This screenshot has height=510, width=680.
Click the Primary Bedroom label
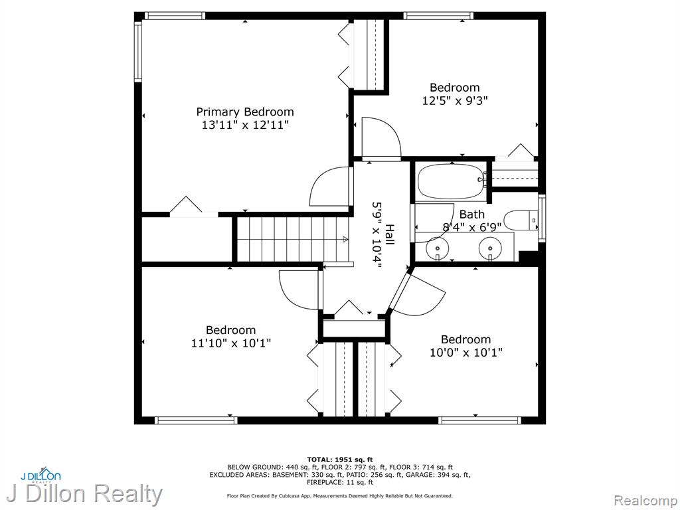(245, 112)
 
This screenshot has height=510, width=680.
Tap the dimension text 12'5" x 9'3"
(455, 101)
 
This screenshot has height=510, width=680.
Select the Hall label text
(389, 234)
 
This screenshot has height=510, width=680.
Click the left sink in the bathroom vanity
(438, 248)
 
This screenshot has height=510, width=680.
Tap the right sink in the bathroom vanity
(491, 248)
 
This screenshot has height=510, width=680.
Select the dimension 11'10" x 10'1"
(231, 343)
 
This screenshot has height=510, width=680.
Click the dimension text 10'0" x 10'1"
(466, 353)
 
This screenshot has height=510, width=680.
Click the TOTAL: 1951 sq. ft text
(340, 460)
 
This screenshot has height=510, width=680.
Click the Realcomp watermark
(645, 501)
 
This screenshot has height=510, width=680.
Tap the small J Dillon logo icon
(41, 474)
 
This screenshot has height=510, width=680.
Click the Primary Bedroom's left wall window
(138, 51)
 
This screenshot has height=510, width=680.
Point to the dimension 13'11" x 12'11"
(245, 126)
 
